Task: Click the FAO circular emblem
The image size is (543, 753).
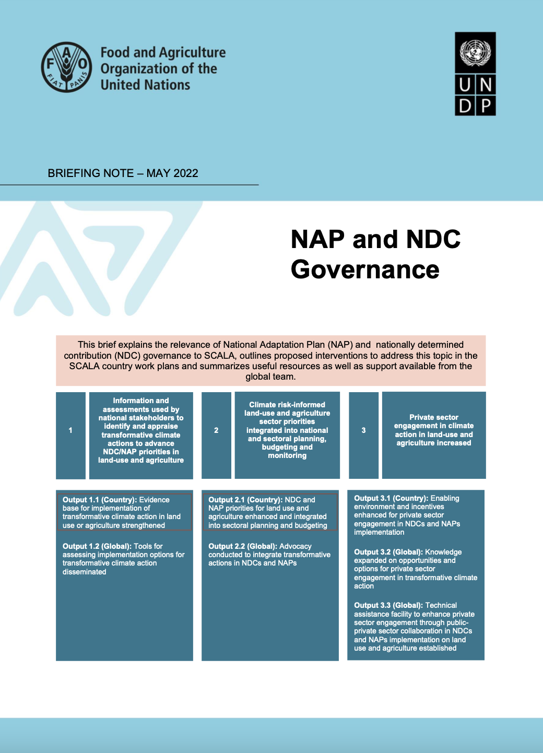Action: click(67, 67)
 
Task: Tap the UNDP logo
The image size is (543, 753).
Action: click(475, 74)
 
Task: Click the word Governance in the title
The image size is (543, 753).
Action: click(365, 269)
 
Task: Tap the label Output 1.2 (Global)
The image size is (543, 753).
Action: click(97, 546)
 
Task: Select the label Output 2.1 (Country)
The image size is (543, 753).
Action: click(245, 500)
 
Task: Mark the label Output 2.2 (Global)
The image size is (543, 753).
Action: click(243, 546)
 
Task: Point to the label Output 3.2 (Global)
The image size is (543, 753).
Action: click(388, 552)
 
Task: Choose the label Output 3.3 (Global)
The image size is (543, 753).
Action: click(388, 605)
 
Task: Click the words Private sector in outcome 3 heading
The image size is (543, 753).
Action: click(434, 417)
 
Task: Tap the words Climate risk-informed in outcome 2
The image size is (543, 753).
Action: click(287, 405)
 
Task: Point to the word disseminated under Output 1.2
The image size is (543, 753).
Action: click(85, 572)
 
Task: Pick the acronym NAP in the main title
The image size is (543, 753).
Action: click(318, 240)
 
